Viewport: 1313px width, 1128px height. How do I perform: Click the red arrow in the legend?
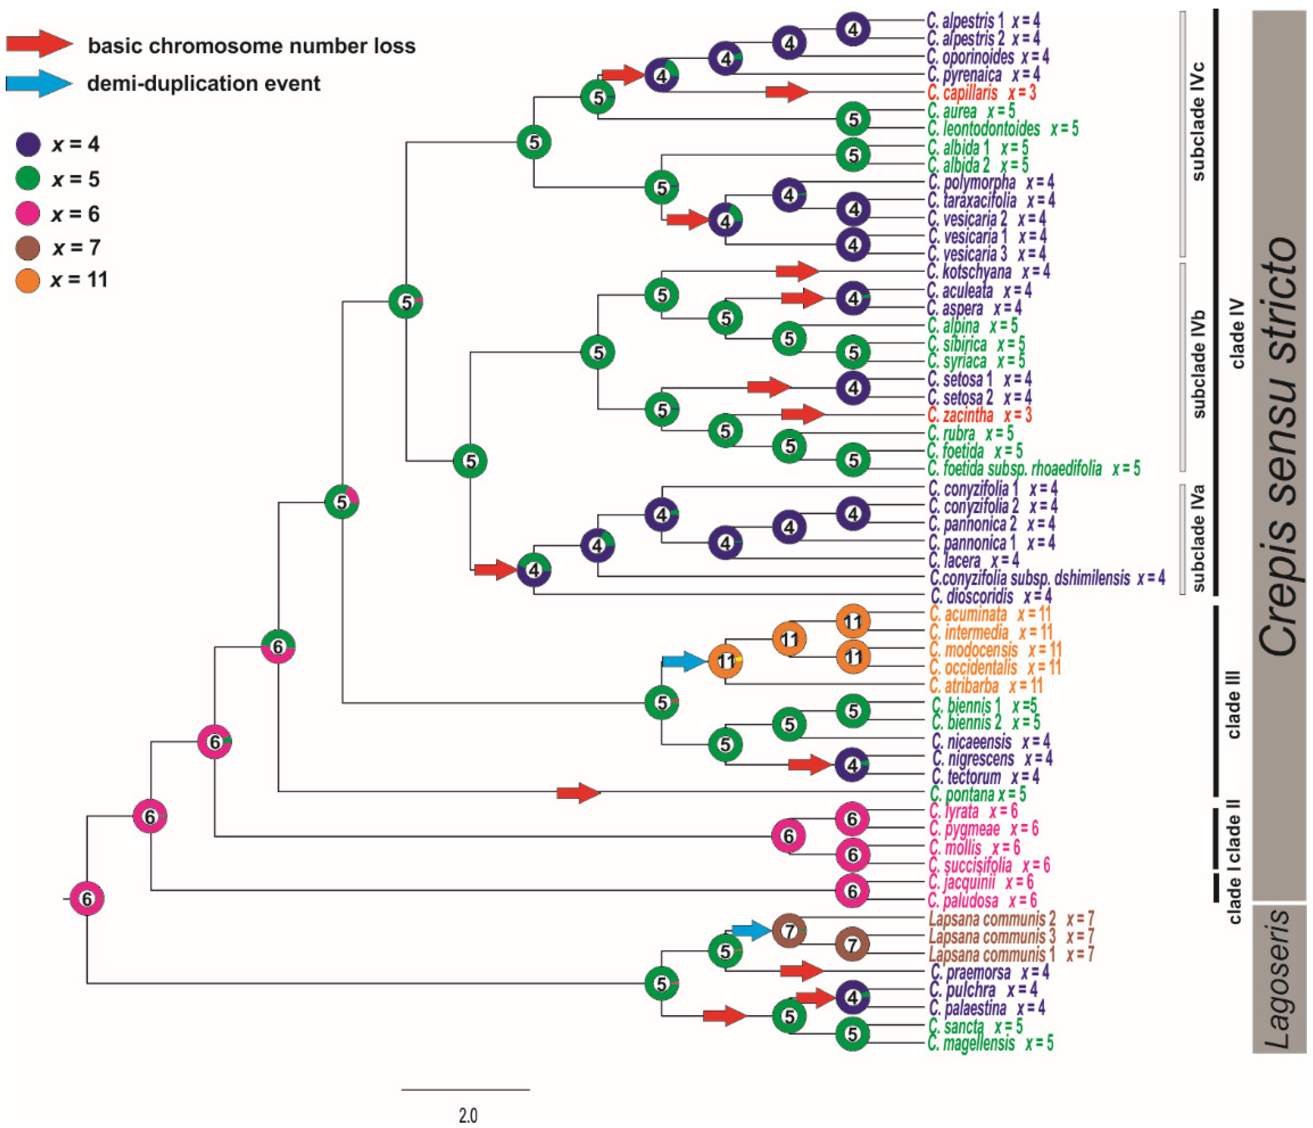click(39, 44)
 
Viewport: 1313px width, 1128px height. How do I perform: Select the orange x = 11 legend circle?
click(28, 280)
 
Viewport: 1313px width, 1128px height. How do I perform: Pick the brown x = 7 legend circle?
click(28, 247)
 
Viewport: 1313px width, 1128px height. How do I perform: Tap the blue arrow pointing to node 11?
click(683, 661)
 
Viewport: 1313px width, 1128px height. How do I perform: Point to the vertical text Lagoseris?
click(1277, 979)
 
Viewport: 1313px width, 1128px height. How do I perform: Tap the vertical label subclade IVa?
click(1198, 539)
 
